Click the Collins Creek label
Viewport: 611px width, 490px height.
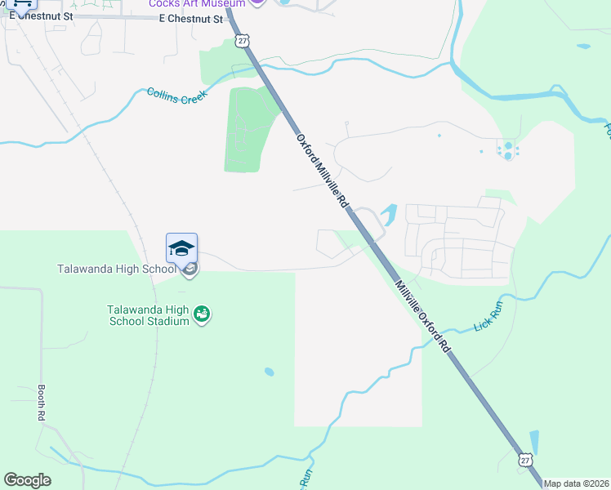coord(177,94)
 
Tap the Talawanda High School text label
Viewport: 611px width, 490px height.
coord(117,269)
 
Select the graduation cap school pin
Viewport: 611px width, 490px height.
coord(181,248)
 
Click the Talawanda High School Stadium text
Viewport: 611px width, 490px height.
coord(149,315)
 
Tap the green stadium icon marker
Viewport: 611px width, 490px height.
coord(202,314)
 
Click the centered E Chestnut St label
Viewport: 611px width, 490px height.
coord(190,19)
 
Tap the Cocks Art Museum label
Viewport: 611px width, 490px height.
coord(196,4)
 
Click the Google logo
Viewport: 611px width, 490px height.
coord(27,480)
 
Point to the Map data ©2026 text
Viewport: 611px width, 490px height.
coord(576,483)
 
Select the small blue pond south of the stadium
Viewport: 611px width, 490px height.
coord(270,372)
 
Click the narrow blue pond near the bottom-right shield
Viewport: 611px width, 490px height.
coord(534,442)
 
